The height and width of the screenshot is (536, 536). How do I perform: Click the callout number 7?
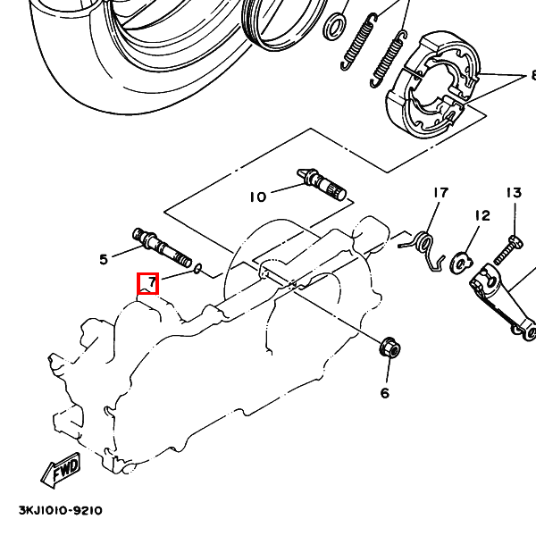[152, 282]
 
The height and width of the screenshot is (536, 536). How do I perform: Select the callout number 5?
[104, 259]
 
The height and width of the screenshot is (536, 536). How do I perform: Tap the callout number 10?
[258, 197]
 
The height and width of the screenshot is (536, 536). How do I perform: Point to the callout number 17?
[440, 193]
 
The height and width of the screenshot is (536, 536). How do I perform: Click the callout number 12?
[482, 215]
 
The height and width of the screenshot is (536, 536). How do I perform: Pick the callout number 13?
[515, 193]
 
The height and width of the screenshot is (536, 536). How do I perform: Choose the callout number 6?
[385, 393]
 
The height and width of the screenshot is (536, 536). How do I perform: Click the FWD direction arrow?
[61, 470]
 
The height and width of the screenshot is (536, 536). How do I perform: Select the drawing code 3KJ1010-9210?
[61, 511]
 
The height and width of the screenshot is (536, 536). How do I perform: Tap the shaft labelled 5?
[162, 247]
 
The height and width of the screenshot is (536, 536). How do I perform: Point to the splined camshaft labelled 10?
[322, 184]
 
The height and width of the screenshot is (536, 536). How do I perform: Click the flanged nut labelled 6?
[390, 347]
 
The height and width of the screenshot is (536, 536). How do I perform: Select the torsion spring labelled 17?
[423, 249]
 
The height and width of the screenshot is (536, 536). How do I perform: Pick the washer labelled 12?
[462, 263]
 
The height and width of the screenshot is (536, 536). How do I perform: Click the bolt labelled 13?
[508, 250]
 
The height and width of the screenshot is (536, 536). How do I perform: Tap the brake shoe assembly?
[433, 85]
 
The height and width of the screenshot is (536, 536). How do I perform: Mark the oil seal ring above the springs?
[335, 27]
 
